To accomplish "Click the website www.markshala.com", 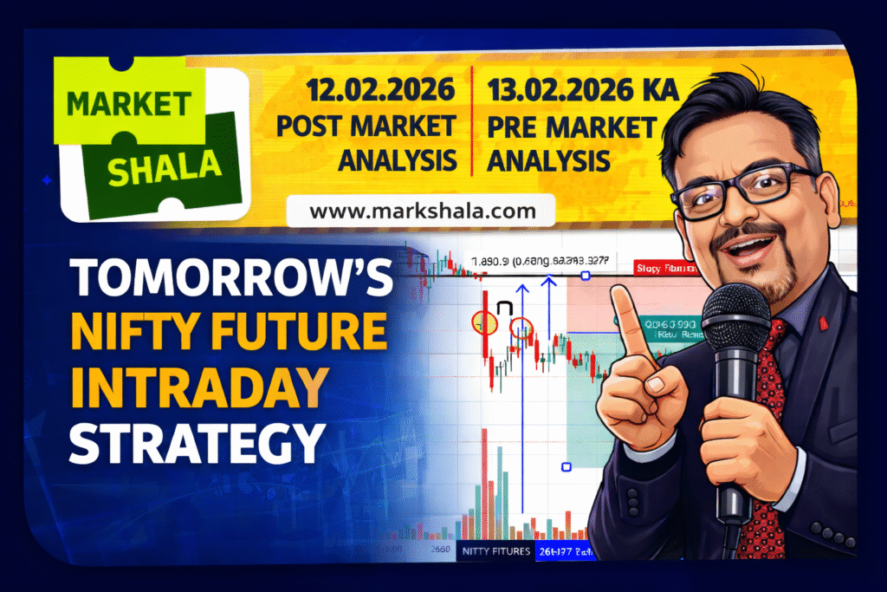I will (409, 211).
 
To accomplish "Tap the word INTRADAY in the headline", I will (198, 383).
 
